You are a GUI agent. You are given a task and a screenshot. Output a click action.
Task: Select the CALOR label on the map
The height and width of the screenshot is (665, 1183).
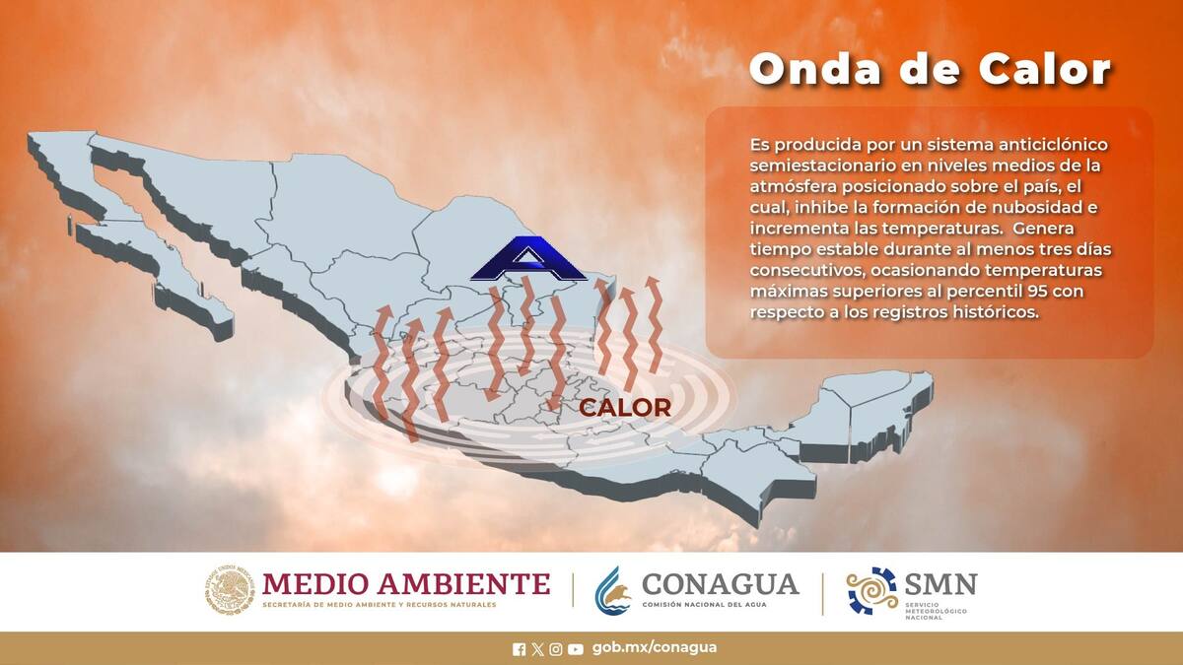625,407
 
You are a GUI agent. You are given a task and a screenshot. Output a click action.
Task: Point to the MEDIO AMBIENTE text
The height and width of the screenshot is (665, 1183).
406,583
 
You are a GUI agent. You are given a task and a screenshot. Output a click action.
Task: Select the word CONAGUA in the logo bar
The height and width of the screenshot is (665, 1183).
720,583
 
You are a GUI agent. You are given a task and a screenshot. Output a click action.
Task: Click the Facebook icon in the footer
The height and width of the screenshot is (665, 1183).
520,648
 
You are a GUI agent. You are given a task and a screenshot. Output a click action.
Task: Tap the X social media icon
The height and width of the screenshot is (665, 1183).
537,648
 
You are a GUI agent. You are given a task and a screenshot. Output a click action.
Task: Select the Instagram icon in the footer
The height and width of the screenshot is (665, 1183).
556,648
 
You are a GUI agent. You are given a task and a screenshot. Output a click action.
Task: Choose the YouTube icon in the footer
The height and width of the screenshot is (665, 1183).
576,648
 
